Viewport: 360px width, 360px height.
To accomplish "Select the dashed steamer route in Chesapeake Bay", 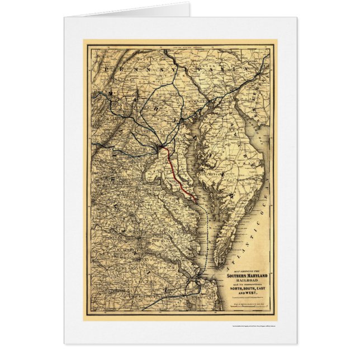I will (x=212, y=235).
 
